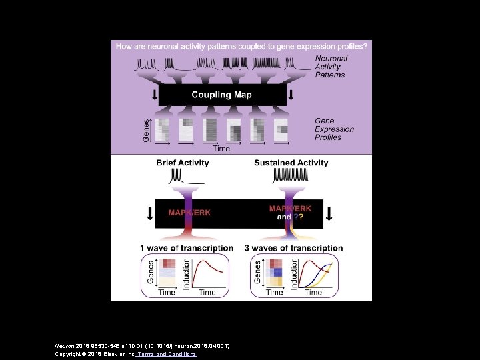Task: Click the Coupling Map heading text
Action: [221, 95]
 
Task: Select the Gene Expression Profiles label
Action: [335, 129]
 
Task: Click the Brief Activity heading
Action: [182, 163]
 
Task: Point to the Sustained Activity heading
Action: [291, 163]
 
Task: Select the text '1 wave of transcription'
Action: [186, 248]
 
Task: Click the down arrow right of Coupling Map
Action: [291, 95]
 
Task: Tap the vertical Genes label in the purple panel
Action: [148, 129]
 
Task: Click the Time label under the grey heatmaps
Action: [221, 149]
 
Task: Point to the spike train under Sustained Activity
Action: [291, 176]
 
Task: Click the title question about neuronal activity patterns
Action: [241, 46]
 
